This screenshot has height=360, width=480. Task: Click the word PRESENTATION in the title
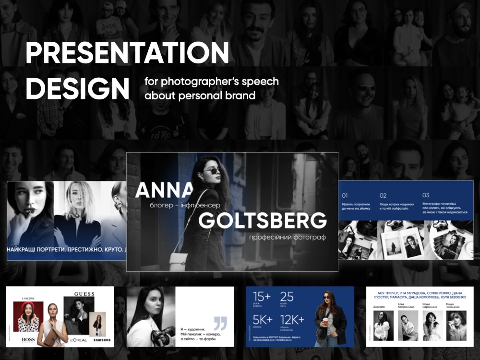click(127, 53)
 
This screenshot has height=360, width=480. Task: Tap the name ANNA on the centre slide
click(164, 191)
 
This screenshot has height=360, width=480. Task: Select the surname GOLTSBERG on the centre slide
click(263, 221)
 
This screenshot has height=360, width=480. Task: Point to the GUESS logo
click(84, 294)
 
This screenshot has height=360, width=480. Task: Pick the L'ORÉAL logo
click(78, 340)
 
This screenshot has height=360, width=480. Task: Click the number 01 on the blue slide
click(345, 195)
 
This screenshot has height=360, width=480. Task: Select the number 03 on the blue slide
click(426, 195)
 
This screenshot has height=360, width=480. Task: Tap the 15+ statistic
click(263, 297)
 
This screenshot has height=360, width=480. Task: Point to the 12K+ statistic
click(293, 320)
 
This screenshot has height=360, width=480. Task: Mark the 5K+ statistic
click(263, 320)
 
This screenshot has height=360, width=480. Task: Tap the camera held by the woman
click(164, 335)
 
